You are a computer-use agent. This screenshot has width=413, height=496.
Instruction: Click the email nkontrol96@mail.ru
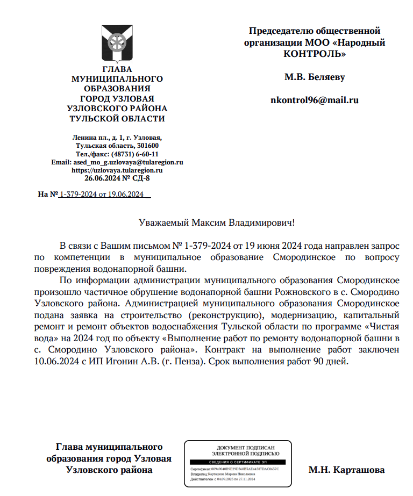(315, 100)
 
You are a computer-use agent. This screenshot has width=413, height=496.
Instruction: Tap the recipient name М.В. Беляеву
(315, 77)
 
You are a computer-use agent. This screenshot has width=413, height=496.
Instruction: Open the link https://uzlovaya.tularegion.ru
(117, 170)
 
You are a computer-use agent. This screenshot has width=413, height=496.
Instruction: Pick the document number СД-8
(141, 178)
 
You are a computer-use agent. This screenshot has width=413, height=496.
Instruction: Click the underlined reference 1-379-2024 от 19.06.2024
(102, 194)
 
